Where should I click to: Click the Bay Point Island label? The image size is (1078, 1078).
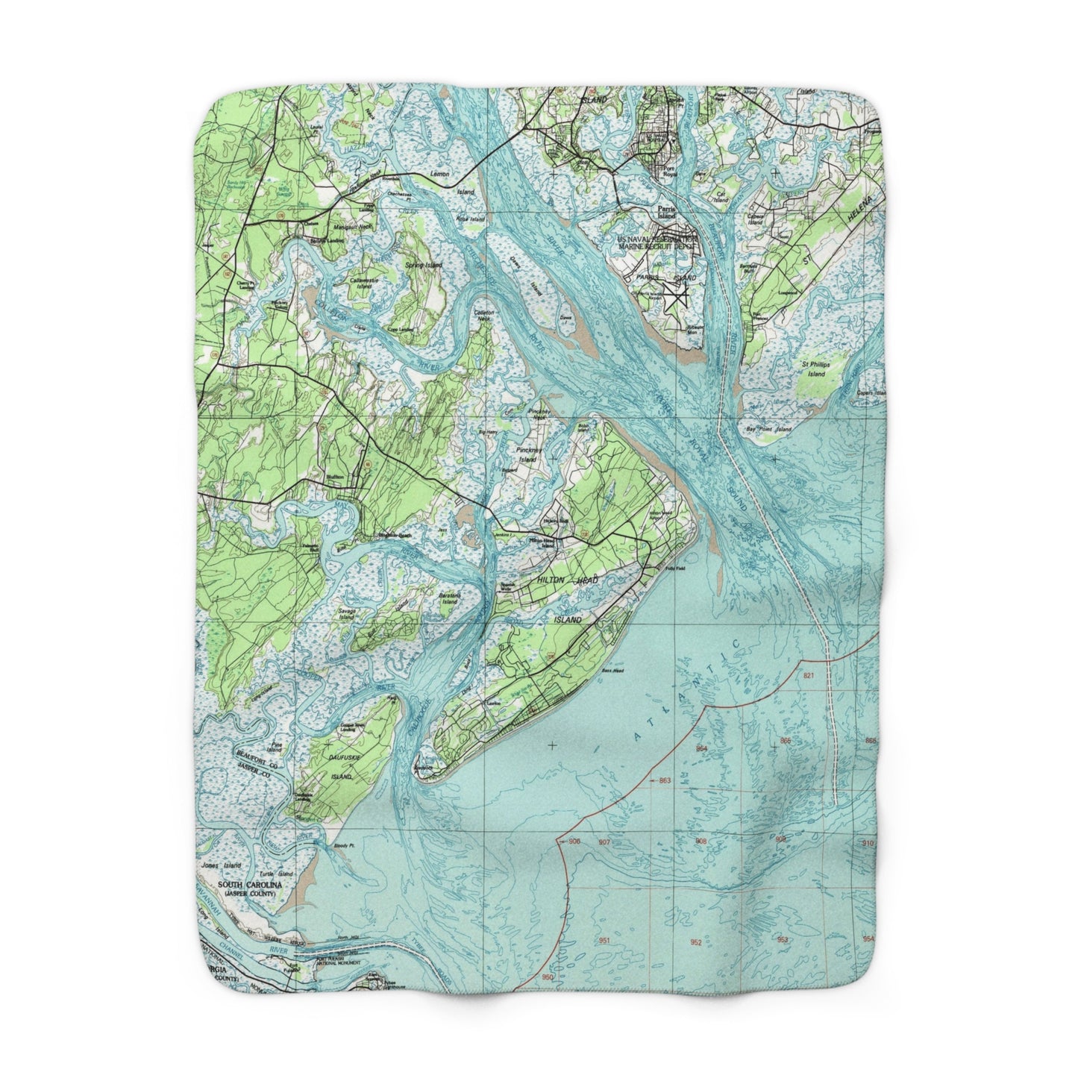tap(768, 430)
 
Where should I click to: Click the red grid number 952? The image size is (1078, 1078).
tap(695, 942)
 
